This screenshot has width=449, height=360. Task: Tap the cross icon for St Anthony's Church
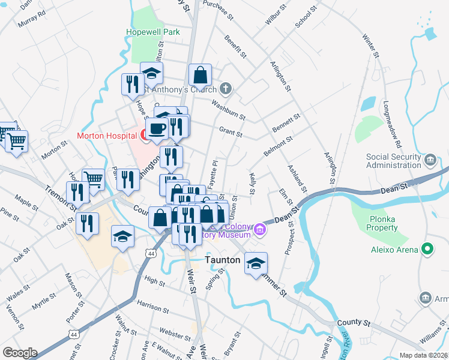(x=225, y=90)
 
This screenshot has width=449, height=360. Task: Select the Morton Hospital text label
(x=107, y=136)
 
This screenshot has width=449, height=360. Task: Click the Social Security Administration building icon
(x=430, y=160)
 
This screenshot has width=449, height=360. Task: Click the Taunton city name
(x=223, y=260)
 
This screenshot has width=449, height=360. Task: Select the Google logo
(x=19, y=353)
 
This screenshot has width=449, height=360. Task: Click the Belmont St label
(x=277, y=146)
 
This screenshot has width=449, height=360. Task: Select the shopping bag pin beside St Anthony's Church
(x=200, y=76)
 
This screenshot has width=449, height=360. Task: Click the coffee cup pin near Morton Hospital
(x=157, y=128)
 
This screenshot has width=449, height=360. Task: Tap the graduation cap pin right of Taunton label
(x=256, y=263)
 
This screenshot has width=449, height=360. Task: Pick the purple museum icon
(x=260, y=229)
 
